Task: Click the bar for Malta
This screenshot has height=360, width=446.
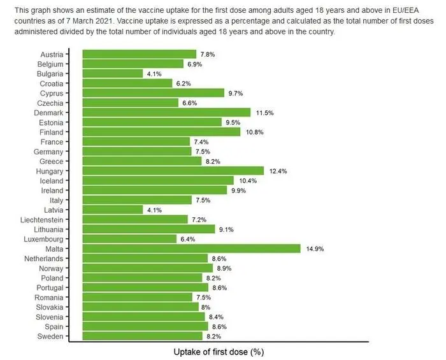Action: coord(191,248)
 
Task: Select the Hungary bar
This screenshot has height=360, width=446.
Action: coord(173,171)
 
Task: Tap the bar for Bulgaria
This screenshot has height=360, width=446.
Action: coord(112,73)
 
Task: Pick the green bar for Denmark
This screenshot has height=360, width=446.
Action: coord(166,112)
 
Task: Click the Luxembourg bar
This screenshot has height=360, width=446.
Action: coord(129,239)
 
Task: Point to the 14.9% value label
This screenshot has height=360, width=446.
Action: coord(315,249)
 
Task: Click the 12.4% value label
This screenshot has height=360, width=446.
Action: coord(278,171)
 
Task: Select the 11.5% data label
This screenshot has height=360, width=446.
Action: coord(265,113)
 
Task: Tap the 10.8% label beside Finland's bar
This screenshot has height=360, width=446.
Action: coord(255,132)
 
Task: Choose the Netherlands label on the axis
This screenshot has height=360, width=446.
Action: coord(43,259)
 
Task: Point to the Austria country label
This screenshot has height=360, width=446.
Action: coord(52,54)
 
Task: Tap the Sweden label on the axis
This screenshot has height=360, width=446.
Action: coord(51,336)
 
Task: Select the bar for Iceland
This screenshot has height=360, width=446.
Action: coord(158,180)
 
